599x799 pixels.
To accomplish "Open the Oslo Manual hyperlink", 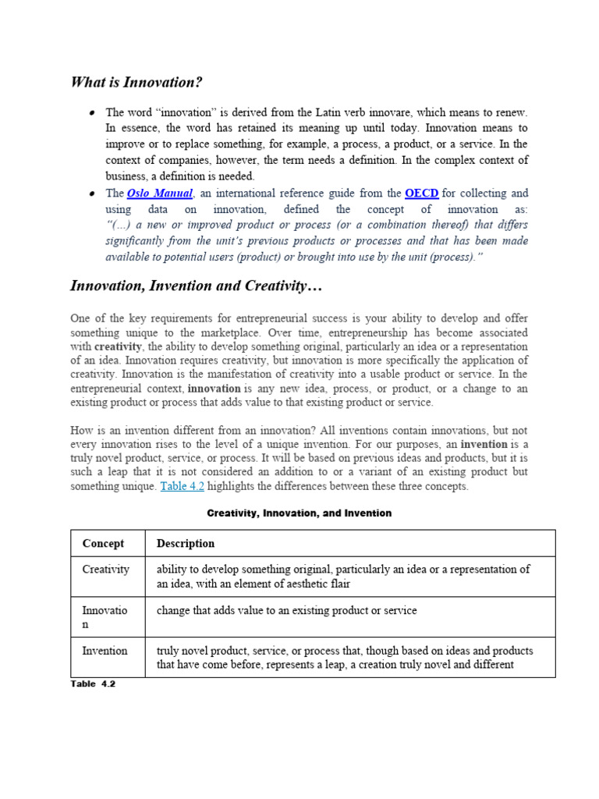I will pos(159,193).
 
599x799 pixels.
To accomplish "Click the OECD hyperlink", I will pos(421,193).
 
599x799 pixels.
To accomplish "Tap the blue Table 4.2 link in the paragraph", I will pos(182,486).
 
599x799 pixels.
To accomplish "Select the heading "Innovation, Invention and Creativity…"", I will pos(196,286).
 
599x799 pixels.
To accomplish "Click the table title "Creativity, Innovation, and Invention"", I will pos(299,513).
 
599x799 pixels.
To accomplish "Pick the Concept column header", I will pos(103,543).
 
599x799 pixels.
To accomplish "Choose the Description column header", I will pos(186,543).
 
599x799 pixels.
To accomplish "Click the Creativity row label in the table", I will pos(106,570).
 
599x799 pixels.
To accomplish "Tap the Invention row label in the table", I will pos(105,650).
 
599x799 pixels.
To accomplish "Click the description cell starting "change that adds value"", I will pos(286,610).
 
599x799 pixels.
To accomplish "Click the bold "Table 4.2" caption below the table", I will pos(93,684).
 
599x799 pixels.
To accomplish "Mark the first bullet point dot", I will pos(92,113).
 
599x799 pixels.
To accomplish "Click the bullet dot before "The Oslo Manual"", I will pos(92,193).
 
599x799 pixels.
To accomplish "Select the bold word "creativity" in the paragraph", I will pos(119,346).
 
